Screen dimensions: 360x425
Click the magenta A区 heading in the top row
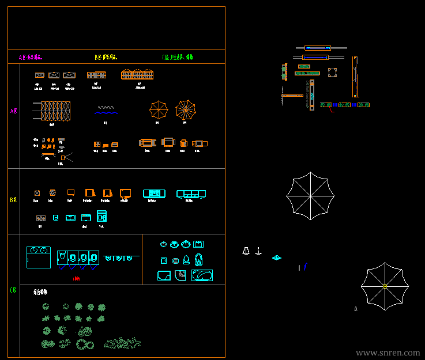click(31, 58)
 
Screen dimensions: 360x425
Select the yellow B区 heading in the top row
click(106, 58)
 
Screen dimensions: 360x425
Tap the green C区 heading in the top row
click(178, 58)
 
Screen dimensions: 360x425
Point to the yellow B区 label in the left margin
click(13, 200)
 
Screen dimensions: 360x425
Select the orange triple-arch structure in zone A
click(137, 75)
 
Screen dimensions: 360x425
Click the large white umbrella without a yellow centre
click(310, 196)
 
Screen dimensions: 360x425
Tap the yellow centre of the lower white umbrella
click(385, 286)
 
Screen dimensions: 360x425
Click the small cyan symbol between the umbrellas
click(277, 258)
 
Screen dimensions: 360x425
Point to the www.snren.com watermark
click(388, 353)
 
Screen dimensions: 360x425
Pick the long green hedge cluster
click(122, 343)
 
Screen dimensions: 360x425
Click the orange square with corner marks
click(332, 72)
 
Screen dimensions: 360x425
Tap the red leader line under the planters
click(332, 111)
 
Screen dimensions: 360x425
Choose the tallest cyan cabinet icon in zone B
click(101, 216)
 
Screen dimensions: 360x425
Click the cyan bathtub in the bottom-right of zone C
click(202, 276)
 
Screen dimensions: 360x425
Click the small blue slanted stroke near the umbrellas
click(305, 267)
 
